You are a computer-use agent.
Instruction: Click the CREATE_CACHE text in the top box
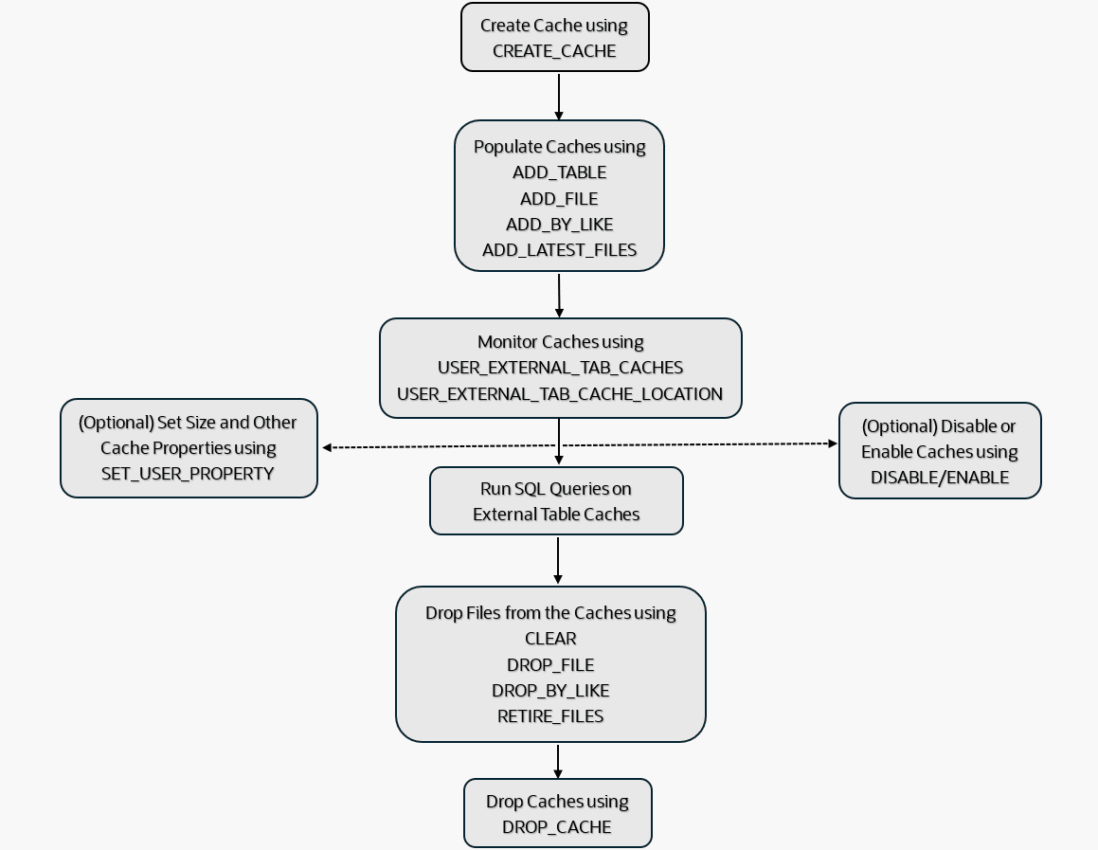click(554, 51)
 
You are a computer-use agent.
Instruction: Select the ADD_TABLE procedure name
click(559, 172)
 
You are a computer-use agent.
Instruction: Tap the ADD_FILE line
click(559, 199)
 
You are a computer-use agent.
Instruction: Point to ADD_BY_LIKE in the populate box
click(559, 225)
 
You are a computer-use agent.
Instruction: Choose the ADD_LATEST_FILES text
click(559, 250)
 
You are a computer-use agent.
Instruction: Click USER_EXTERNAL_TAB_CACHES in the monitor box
click(560, 368)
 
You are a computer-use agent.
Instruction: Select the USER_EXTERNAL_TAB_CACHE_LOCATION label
click(560, 394)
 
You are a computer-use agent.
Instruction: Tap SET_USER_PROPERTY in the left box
click(188, 474)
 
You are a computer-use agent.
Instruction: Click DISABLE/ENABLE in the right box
click(939, 478)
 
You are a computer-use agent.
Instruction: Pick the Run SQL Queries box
click(556, 501)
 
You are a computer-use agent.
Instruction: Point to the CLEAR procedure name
click(550, 639)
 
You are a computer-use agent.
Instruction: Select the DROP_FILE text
click(550, 665)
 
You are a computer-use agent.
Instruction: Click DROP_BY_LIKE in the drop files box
click(550, 691)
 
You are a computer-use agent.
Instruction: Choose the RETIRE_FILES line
click(550, 716)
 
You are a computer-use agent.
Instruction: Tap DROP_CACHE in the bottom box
click(557, 827)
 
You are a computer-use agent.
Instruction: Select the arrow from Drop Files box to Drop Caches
click(558, 761)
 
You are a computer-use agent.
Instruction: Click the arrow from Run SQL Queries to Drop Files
click(558, 561)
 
